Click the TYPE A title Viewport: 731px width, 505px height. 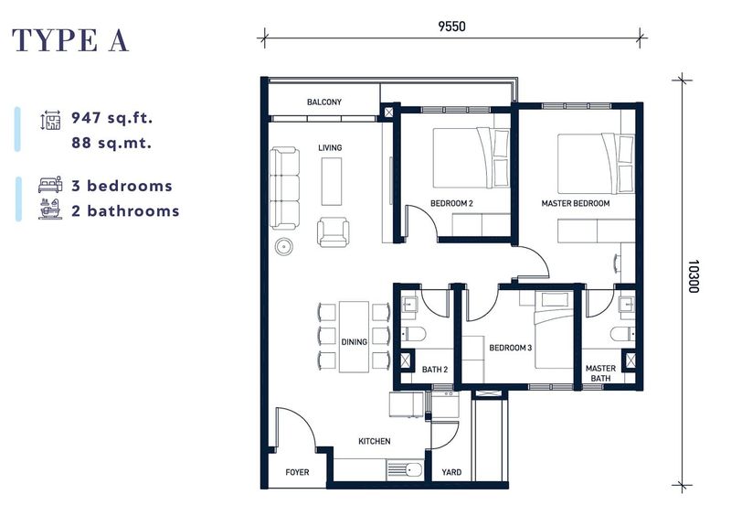click(x=71, y=41)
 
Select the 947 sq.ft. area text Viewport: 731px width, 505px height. click(x=112, y=118)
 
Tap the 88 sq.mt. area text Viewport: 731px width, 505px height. click(x=111, y=143)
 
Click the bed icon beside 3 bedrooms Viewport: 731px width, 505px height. click(x=49, y=186)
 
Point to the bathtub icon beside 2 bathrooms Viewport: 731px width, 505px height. click(x=49, y=210)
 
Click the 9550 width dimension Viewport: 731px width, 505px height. click(x=451, y=27)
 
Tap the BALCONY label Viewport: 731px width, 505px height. click(x=324, y=102)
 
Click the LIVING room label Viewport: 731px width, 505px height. click(x=330, y=147)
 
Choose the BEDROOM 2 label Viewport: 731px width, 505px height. click(x=451, y=203)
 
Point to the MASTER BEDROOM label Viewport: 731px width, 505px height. click(x=575, y=203)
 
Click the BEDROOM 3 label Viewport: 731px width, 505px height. click(x=510, y=348)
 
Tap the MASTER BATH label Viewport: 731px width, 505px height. click(x=600, y=373)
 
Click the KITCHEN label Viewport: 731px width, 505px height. click(x=374, y=441)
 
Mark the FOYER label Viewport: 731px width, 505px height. click(x=297, y=473)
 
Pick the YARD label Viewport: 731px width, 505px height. click(x=451, y=473)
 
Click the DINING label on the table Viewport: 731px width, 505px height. click(x=355, y=342)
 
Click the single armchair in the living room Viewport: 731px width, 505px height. click(x=333, y=231)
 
